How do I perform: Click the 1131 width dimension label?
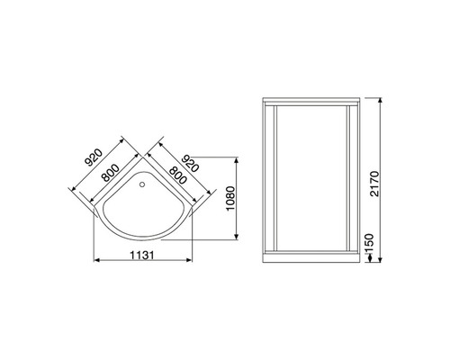[x=142, y=256]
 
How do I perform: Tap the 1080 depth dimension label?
[x=230, y=199]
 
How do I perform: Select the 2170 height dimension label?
[x=374, y=184]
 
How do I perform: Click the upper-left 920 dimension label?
[x=94, y=157]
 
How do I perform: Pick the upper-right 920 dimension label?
[x=190, y=164]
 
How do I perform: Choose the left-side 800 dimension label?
[x=111, y=173]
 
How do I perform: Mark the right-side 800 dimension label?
[x=178, y=175]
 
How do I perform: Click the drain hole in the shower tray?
[x=142, y=184]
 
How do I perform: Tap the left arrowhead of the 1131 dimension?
[x=96, y=260]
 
